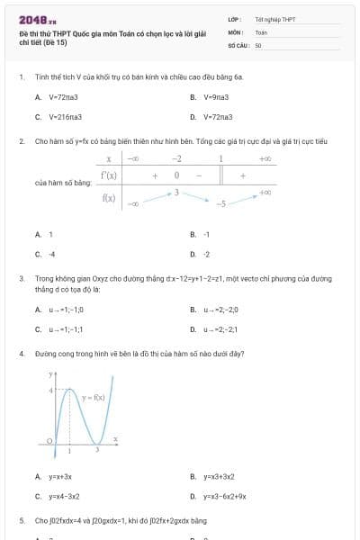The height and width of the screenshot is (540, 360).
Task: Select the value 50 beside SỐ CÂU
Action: [258, 44]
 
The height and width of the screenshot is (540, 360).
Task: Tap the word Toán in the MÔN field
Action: [261, 31]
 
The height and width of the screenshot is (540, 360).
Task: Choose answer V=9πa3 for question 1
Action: [216, 96]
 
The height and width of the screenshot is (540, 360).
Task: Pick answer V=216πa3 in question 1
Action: [65, 117]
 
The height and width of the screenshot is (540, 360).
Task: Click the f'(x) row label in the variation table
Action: [109, 175]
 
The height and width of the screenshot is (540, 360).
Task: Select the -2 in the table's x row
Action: [176, 158]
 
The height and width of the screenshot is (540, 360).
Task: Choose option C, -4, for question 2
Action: [52, 255]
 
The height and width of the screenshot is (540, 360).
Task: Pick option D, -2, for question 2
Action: [207, 255]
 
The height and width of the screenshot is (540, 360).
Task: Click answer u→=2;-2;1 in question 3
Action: [220, 329]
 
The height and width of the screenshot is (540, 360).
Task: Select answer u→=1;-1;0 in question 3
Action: [66, 310]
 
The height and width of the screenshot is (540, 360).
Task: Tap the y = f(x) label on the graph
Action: [93, 397]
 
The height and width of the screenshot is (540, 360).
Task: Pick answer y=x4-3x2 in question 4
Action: [64, 496]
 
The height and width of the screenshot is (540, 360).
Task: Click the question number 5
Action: [22, 520]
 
